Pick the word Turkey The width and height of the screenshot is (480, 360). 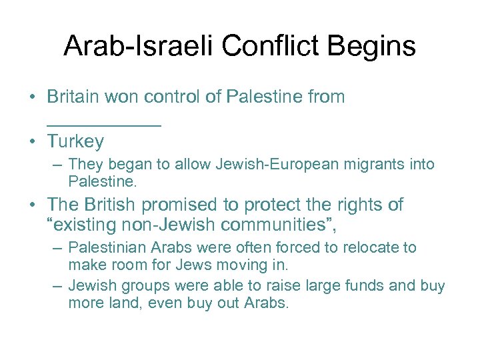point(75,141)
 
